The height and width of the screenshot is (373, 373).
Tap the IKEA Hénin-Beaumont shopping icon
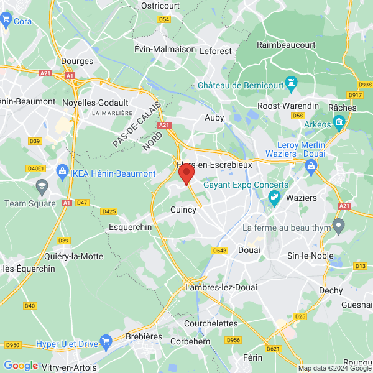click(x=62, y=170)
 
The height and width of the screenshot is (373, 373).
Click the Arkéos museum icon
click(x=339, y=124)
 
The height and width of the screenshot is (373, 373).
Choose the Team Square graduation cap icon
click(x=42, y=185)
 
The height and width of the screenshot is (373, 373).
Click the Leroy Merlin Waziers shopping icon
click(x=311, y=165)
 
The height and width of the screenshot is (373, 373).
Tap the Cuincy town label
click(x=183, y=210)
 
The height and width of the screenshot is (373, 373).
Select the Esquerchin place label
click(x=130, y=228)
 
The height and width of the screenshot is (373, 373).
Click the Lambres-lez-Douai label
click(x=221, y=287)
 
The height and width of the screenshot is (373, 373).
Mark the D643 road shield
click(x=219, y=251)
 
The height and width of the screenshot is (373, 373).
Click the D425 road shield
click(x=109, y=211)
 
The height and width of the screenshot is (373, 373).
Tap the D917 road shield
click(x=356, y=95)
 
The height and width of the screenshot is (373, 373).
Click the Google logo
click(x=21, y=365)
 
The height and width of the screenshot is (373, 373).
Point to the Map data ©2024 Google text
click(x=334, y=368)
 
